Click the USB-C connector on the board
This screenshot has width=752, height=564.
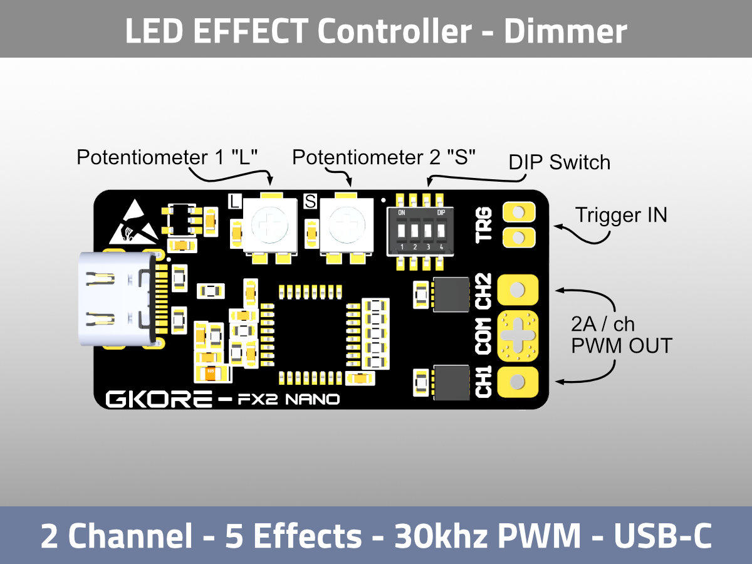click(116, 300)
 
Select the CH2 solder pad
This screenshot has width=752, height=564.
click(518, 290)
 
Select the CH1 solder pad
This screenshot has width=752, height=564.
click(518, 382)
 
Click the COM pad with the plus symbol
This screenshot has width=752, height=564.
click(518, 335)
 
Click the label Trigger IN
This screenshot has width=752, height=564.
click(621, 216)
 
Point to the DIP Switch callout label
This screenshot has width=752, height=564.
click(559, 163)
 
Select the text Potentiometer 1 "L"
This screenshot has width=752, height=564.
click(167, 157)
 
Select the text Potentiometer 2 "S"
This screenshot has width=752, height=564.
click(384, 157)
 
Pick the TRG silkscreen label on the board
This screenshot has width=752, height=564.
click(484, 225)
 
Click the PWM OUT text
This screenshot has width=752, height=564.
click(621, 346)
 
